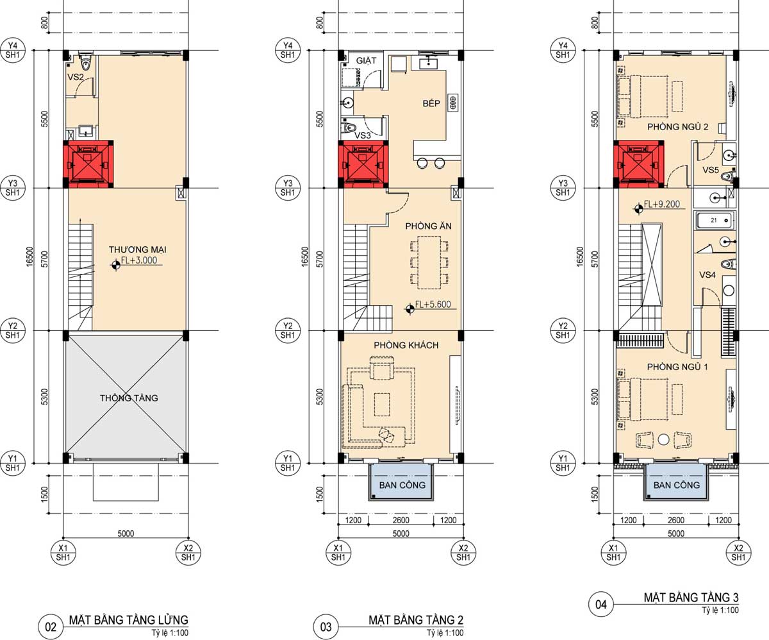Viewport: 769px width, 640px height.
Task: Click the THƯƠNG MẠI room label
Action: click(137, 249)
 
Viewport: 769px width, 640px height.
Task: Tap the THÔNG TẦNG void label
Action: click(129, 398)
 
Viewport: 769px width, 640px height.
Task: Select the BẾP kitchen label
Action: click(431, 103)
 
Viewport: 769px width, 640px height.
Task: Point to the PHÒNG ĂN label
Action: click(428, 226)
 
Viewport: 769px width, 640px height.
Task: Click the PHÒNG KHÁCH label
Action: click(406, 345)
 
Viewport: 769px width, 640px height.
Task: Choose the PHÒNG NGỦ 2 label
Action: click(677, 127)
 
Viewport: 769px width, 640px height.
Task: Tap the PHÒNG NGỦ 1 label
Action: click(677, 367)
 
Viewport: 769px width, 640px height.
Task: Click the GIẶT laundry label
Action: click(366, 60)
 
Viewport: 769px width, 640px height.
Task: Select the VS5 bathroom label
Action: click(711, 170)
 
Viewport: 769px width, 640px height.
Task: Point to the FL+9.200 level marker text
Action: click(661, 204)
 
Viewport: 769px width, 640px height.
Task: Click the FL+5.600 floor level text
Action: click(433, 304)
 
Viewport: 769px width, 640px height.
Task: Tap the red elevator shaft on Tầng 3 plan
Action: click(639, 164)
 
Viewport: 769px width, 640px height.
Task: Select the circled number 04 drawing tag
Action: click(600, 604)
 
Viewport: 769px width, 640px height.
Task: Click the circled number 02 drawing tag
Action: click(51, 627)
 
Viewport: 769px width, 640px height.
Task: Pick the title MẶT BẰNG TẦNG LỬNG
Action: click(129, 619)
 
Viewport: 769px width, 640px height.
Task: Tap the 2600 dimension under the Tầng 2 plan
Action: click(401, 520)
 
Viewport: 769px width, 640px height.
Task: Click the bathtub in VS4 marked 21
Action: click(715, 221)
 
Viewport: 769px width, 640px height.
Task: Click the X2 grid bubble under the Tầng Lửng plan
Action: click(188, 552)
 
